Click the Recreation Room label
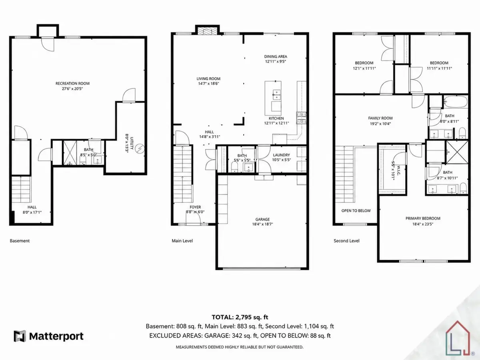point(72,84)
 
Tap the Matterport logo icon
point(20,336)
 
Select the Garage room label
point(262,219)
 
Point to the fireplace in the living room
point(207,30)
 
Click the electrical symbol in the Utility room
point(140,149)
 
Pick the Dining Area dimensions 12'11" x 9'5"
point(276,62)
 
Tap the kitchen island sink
point(277,95)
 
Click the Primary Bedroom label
point(423,218)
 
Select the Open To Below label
point(356,211)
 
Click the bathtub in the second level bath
point(455,102)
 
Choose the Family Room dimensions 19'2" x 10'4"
point(380,124)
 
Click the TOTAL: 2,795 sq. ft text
point(240,317)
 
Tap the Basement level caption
point(20,241)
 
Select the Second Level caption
point(346,241)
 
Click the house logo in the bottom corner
point(458,338)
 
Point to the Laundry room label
point(281,155)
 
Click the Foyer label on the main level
point(195,207)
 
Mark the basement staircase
point(20,189)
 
